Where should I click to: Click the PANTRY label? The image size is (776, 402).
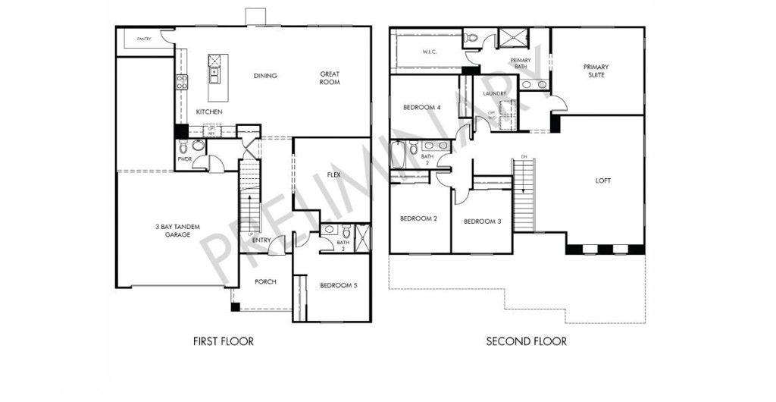tap(144, 39)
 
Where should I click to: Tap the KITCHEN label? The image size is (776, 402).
tap(209, 111)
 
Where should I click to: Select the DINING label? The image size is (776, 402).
tap(265, 76)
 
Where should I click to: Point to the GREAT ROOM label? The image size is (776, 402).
tap(330, 78)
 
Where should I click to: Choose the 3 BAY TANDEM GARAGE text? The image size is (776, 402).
tap(174, 231)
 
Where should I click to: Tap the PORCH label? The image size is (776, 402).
tap(265, 282)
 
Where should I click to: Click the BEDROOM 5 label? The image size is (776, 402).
tap(338, 285)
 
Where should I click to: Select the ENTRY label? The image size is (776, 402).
tap(261, 240)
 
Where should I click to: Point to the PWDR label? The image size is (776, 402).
tap(184, 159)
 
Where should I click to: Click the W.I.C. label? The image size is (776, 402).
tap(427, 52)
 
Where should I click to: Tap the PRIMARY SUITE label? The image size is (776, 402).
tap(596, 71)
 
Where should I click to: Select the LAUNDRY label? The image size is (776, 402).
tap(494, 94)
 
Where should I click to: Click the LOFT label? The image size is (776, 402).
tap(603, 181)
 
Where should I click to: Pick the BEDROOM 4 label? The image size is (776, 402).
tap(422, 107)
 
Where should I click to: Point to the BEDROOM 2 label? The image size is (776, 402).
tap(419, 218)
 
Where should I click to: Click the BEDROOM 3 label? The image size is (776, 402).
tap(482, 221)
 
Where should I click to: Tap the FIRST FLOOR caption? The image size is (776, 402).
tap(224, 341)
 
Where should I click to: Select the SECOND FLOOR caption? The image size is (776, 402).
tap(526, 341)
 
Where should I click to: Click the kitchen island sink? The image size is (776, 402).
tap(214, 74)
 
